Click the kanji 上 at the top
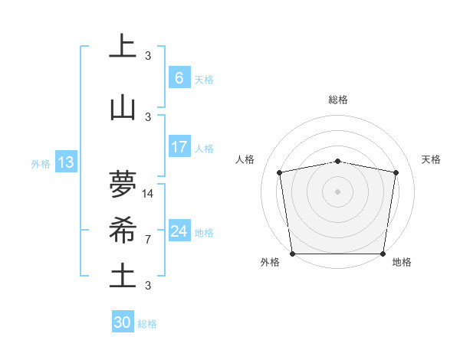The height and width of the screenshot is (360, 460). click(x=122, y=46)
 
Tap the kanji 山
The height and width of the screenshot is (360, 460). click(x=122, y=108)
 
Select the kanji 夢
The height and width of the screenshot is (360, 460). click(x=122, y=185)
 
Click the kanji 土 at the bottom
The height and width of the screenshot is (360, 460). click(x=122, y=277)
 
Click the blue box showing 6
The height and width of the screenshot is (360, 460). click(x=179, y=77)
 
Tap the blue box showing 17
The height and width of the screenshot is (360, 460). click(x=179, y=147)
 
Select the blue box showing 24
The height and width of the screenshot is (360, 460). click(x=179, y=231)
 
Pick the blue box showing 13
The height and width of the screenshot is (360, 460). click(x=65, y=162)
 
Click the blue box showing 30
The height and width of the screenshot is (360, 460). click(x=123, y=322)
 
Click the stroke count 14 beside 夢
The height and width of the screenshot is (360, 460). click(x=148, y=193)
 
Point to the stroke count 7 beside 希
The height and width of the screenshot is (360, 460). click(x=148, y=239)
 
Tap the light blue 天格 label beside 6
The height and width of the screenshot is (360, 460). click(x=204, y=79)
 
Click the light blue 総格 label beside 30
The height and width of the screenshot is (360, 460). click(x=148, y=324)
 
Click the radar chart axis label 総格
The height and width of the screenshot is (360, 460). click(x=338, y=100)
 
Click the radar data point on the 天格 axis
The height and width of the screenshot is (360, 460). click(x=396, y=172)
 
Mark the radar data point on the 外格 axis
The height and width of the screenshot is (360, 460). click(x=292, y=253)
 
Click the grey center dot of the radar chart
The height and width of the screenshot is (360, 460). click(x=338, y=191)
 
